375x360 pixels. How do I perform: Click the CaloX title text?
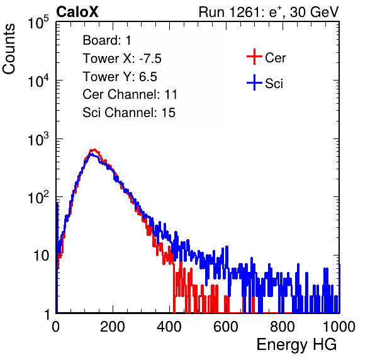click(x=77, y=12)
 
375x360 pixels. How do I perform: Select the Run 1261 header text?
click(x=269, y=12)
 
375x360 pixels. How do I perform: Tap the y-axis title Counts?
click(x=9, y=49)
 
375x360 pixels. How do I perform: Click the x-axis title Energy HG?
click(x=296, y=345)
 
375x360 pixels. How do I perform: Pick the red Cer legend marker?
click(x=254, y=57)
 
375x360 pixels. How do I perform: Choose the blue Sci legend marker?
click(x=254, y=83)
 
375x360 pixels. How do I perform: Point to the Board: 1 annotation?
click(x=107, y=40)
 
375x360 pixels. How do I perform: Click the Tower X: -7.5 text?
click(x=122, y=59)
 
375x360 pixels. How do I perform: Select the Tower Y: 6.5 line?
click(x=120, y=77)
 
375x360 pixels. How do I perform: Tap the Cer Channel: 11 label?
click(x=130, y=94)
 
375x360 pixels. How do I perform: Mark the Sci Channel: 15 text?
click(x=129, y=113)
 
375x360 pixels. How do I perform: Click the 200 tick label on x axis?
click(x=113, y=327)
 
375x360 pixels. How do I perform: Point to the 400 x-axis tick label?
click(x=169, y=327)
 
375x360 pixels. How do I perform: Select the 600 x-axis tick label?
click(x=226, y=327)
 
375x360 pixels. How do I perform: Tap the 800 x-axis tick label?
click(x=283, y=327)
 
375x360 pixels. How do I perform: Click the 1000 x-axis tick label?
click(x=339, y=327)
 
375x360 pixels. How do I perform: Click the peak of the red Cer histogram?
click(x=94, y=150)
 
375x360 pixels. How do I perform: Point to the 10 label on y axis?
click(x=41, y=256)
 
